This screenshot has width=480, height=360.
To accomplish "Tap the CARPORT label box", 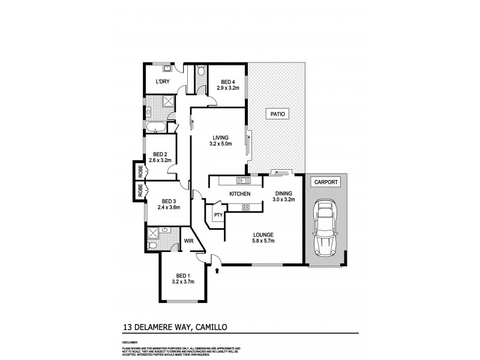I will click(325, 182).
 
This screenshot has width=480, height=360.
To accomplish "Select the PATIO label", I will click(277, 113).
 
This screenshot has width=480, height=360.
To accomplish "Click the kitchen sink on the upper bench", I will click(243, 180).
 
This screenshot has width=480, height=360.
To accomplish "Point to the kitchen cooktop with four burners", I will click(245, 208).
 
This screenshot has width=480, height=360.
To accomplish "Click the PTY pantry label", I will click(217, 214).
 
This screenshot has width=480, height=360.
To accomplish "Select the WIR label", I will click(188, 241).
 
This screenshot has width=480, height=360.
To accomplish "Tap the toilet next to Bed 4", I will click(201, 73).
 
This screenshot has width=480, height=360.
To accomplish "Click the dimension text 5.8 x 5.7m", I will click(263, 241).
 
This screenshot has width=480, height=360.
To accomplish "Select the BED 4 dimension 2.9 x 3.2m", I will click(228, 88).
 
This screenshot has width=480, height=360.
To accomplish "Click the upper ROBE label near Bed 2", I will click(140, 171).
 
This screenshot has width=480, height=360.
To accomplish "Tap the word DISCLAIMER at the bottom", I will click(130, 341).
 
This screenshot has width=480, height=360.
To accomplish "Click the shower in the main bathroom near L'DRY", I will click(169, 101).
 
